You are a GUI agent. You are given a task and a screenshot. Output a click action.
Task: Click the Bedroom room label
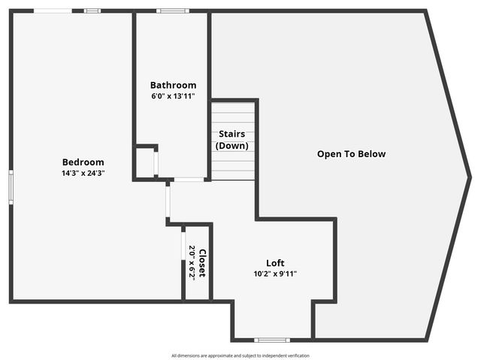[x=83, y=162]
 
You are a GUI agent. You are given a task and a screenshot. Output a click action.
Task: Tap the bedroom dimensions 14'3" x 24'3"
[x=83, y=173]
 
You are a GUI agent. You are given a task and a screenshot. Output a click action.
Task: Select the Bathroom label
[x=173, y=85]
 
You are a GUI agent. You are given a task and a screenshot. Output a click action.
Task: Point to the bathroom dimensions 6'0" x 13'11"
[x=173, y=96]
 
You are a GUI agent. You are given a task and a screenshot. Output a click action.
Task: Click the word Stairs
[x=231, y=135]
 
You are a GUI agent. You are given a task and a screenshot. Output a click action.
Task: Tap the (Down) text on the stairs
[x=231, y=146]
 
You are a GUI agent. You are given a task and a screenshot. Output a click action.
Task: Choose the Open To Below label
[x=351, y=154]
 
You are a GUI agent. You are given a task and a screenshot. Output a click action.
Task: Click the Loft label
[x=275, y=263]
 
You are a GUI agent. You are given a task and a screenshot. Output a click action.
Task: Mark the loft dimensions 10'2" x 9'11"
[x=275, y=274]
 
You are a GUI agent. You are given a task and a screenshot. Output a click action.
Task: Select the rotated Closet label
[x=202, y=262]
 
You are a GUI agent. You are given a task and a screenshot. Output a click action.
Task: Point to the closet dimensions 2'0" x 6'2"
[x=192, y=262]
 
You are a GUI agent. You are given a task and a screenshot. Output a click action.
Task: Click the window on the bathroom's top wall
[x=173, y=11]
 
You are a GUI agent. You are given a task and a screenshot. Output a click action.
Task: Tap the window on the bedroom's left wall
[x=11, y=186]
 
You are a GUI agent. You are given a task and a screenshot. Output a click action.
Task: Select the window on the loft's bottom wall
[x=271, y=340]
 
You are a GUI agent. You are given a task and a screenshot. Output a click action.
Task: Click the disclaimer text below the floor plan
[x=240, y=355]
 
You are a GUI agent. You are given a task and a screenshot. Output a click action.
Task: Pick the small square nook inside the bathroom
[x=145, y=162]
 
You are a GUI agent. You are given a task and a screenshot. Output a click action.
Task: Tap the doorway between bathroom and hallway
[x=189, y=180]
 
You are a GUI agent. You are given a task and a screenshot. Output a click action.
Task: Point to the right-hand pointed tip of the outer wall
[x=470, y=177]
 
